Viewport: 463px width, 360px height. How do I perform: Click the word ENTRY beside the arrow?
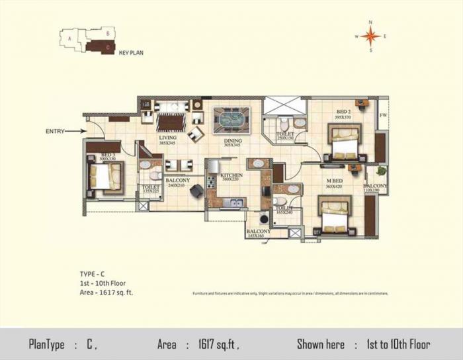tap(55, 131)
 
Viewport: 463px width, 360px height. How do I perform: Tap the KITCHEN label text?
tap(232, 175)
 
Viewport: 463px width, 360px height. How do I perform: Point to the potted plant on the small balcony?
tap(380, 175)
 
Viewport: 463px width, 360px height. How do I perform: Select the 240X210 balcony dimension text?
tap(178, 186)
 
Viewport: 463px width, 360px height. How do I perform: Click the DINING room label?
tap(232, 140)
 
